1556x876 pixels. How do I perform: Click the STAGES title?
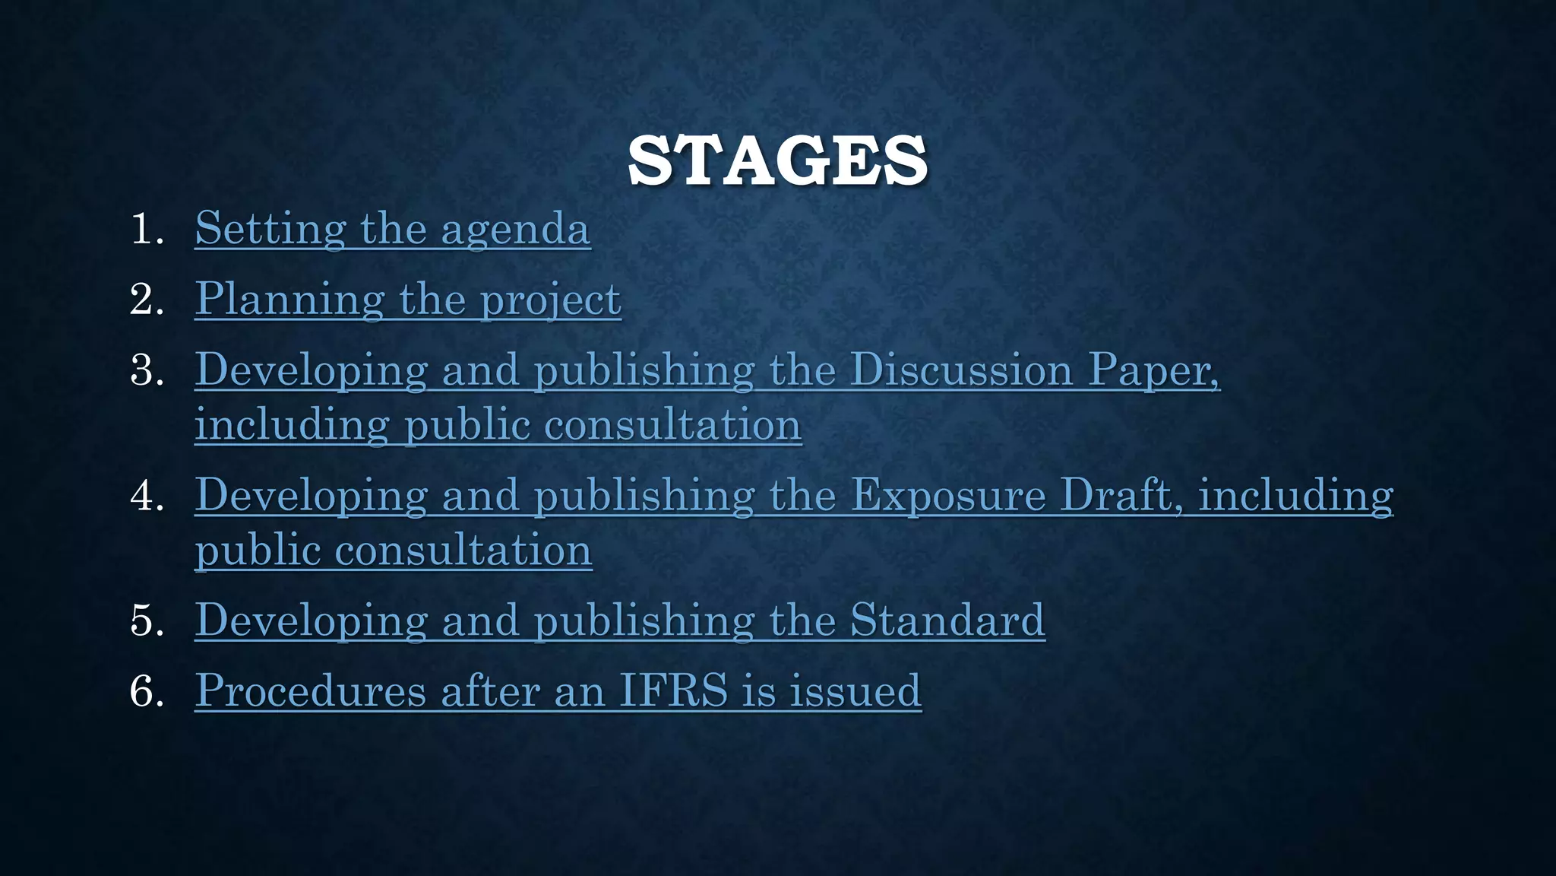click(x=777, y=161)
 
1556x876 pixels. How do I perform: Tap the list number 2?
click(x=147, y=299)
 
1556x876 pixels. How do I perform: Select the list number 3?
click(x=147, y=370)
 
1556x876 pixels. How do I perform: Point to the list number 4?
click(x=147, y=496)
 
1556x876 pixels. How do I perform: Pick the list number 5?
click(x=147, y=620)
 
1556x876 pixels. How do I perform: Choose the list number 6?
click(x=147, y=691)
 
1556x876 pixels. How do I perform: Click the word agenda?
click(x=515, y=229)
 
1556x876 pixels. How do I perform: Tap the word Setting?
click(x=270, y=229)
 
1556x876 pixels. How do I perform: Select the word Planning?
click(x=289, y=299)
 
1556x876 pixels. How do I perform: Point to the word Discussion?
click(x=961, y=370)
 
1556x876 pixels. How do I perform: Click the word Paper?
click(x=1154, y=370)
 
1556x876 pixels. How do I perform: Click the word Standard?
click(x=947, y=620)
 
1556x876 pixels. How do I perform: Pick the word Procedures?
click(x=310, y=691)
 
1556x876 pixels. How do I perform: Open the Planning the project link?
click(x=407, y=299)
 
